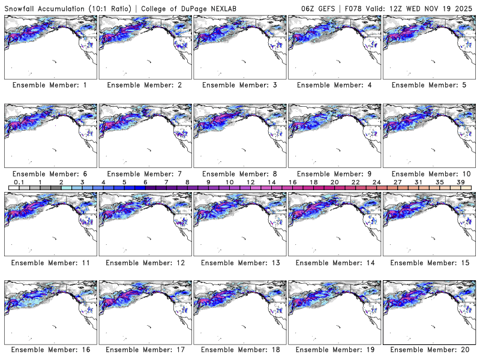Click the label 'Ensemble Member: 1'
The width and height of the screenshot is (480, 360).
coord(50,85)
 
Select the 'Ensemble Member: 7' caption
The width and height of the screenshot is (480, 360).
coord(145,173)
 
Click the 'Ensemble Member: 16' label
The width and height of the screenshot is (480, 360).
coord(50,350)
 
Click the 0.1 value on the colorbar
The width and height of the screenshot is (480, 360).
coord(19,182)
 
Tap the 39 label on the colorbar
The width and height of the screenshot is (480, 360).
coord(461,182)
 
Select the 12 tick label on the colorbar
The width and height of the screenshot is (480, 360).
coord(250,182)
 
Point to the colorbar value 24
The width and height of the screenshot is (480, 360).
coord(377,182)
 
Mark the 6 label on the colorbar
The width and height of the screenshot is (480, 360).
coord(145,182)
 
